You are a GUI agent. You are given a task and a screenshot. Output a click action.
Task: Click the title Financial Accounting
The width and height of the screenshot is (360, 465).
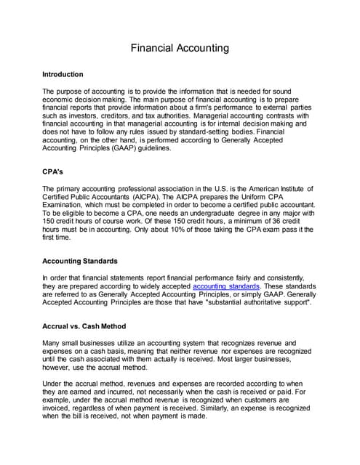[x=180, y=48]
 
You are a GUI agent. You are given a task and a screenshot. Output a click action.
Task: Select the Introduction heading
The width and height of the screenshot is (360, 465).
[x=63, y=74]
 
